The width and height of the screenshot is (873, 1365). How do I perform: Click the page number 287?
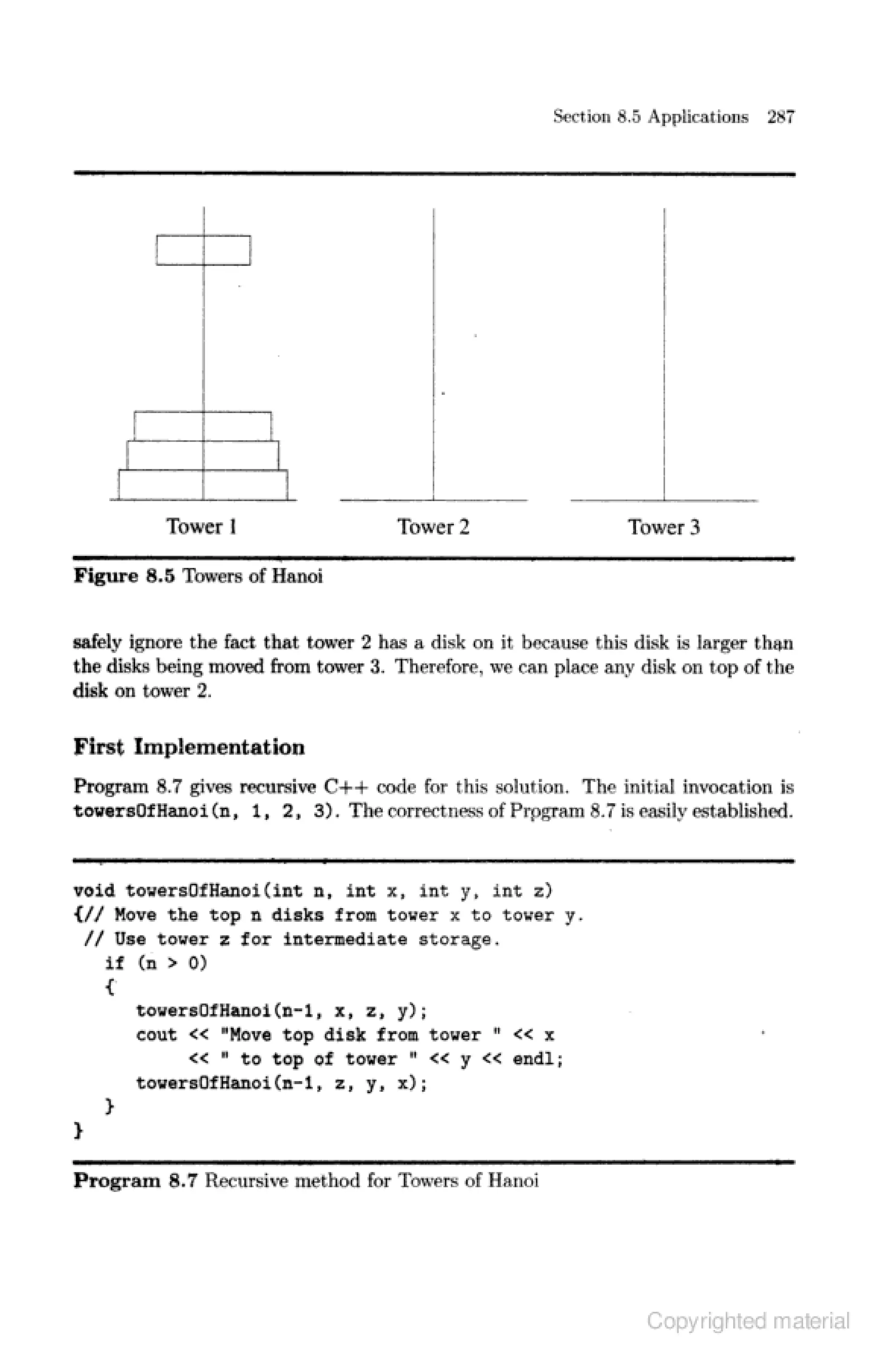(x=780, y=117)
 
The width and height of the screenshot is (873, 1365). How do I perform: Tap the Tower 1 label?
(x=201, y=526)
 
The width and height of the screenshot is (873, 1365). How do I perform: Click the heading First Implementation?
(x=189, y=747)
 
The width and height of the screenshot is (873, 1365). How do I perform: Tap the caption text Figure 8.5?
(x=124, y=576)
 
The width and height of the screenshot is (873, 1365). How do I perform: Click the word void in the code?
(x=94, y=891)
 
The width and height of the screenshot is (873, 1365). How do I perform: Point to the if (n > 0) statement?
(x=156, y=963)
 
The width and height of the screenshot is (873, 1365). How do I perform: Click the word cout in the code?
(x=156, y=1035)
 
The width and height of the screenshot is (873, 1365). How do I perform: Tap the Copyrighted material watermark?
(x=748, y=1320)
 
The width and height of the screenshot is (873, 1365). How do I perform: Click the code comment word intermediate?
(x=345, y=939)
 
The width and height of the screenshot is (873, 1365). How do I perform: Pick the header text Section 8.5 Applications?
(x=650, y=117)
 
